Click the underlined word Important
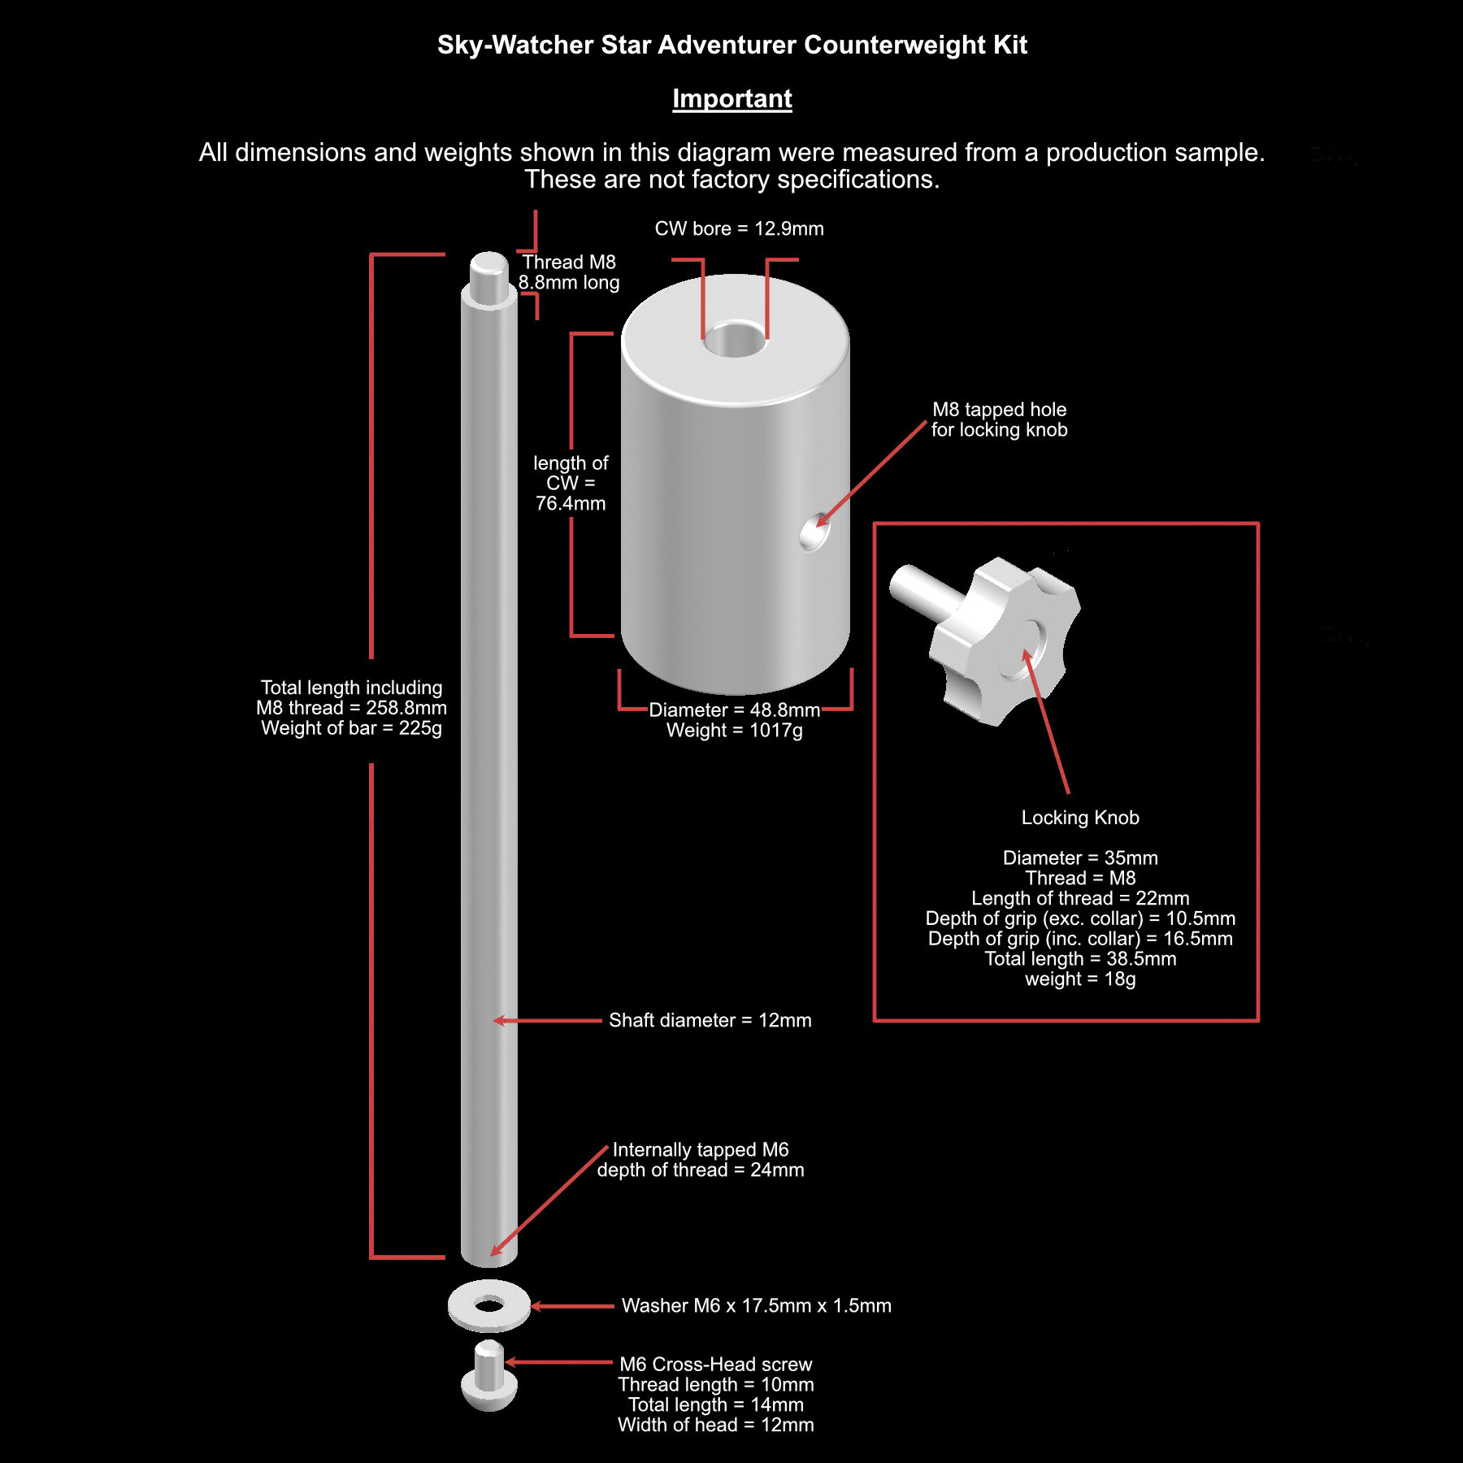731,98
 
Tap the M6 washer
488,1305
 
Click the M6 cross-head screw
488,1376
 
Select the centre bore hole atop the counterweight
735,339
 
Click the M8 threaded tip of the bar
488,277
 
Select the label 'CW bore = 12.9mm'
739,228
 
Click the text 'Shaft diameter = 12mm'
710,1020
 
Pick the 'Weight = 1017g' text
734,731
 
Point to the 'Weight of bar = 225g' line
351,728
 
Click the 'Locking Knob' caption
1080,818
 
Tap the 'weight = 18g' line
1080,979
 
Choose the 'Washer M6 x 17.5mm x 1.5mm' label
756,1305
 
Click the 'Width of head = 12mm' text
715,1425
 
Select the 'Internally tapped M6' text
701,1149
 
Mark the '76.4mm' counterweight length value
571,504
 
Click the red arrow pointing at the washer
572,1306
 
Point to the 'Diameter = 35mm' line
1080,858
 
